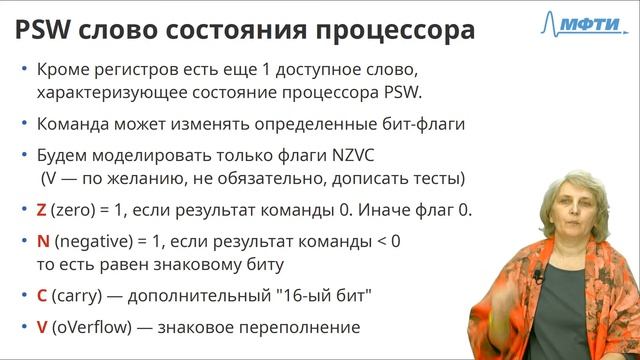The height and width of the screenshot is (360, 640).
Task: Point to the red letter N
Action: tap(42, 241)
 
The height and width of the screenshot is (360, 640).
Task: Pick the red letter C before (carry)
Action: tap(41, 296)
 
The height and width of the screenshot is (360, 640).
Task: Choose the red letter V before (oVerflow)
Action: tap(41, 327)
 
